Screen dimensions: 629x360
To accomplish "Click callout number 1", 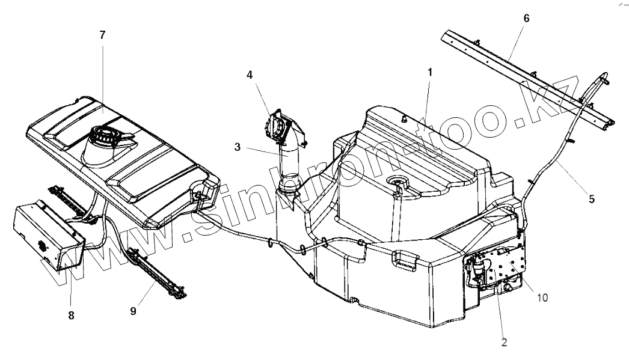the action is (x=430, y=72).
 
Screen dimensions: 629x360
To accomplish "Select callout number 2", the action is (x=504, y=343).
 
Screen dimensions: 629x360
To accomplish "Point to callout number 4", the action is (x=250, y=76).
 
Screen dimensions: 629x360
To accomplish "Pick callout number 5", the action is (x=592, y=198).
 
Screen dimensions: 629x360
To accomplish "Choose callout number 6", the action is (x=526, y=18).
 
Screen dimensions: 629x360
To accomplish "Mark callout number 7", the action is (x=102, y=35).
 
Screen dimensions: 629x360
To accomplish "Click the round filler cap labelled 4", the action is (x=275, y=126).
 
